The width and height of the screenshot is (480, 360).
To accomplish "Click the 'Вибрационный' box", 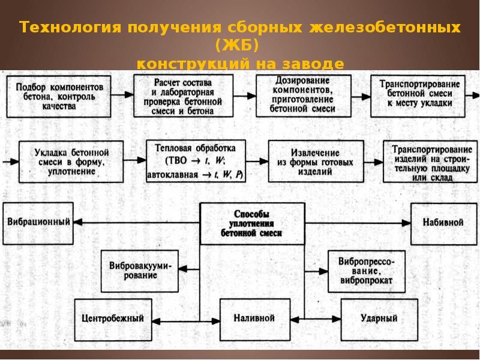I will pyautogui.click(x=39, y=221).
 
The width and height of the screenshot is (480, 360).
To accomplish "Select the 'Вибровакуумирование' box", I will pyautogui.click(x=142, y=270).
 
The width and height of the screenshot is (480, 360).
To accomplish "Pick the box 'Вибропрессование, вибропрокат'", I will pyautogui.click(x=366, y=270).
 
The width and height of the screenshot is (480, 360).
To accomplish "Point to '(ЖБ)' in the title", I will pyautogui.click(x=239, y=46).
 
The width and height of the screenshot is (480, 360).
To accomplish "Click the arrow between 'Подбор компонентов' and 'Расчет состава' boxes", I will pyautogui.click(x=122, y=95).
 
